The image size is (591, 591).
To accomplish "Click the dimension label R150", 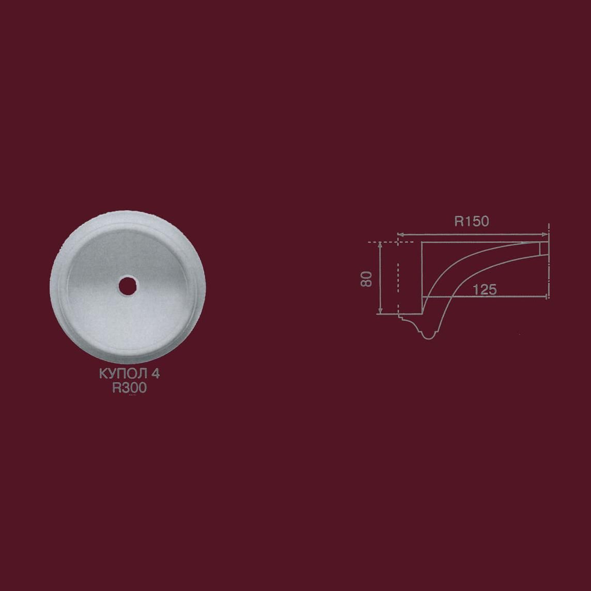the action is [x=471, y=221].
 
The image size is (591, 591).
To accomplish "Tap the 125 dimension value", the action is [x=485, y=289].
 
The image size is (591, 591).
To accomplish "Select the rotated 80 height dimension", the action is [x=366, y=278].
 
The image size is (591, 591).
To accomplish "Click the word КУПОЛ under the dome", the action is [x=123, y=374].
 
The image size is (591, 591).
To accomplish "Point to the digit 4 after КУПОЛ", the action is [x=155, y=374].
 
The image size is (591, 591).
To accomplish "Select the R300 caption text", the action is [x=129, y=387].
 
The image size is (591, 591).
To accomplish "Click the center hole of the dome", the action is [x=127, y=286].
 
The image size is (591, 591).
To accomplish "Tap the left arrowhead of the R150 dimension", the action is [x=401, y=235].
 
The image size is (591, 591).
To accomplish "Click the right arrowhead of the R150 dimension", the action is [x=545, y=235].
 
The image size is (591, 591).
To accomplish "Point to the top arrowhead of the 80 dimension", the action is [x=380, y=245].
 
